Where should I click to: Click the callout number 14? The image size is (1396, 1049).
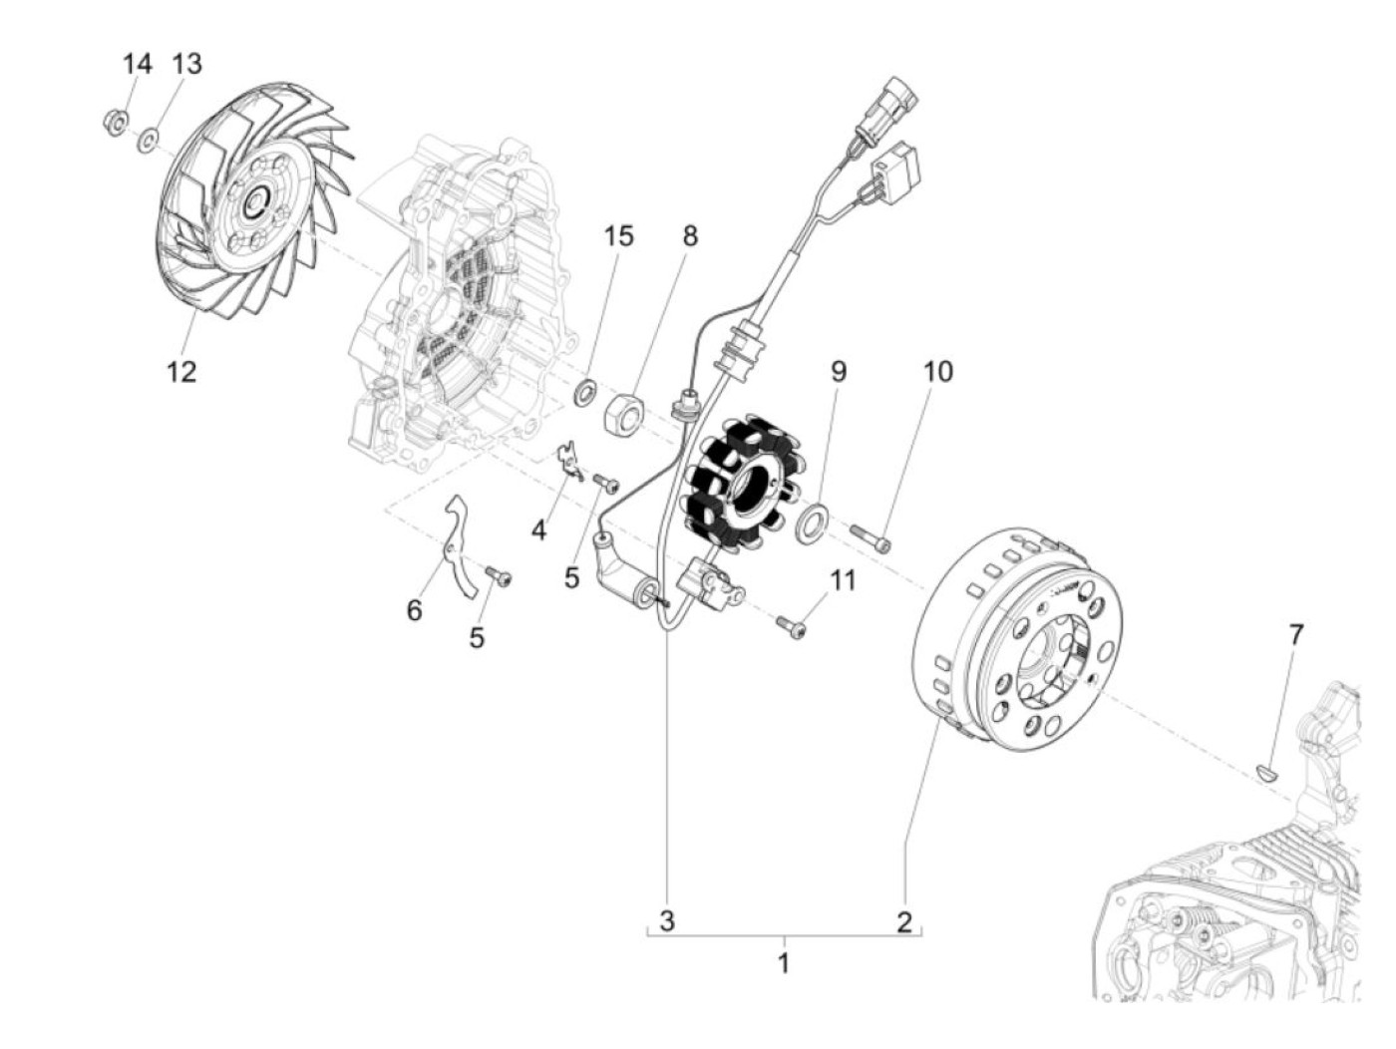[x=137, y=64]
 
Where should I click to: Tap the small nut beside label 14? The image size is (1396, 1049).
[x=114, y=123]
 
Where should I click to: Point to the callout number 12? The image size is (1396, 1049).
[x=181, y=372]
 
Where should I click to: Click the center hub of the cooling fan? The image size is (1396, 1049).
[x=254, y=204]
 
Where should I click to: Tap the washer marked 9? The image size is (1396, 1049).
[x=815, y=523]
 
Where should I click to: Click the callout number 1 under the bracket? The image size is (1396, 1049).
[x=784, y=963]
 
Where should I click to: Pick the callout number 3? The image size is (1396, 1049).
[x=667, y=920]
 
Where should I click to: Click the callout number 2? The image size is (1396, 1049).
[x=903, y=920]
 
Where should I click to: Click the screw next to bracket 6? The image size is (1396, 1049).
[x=498, y=575]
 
